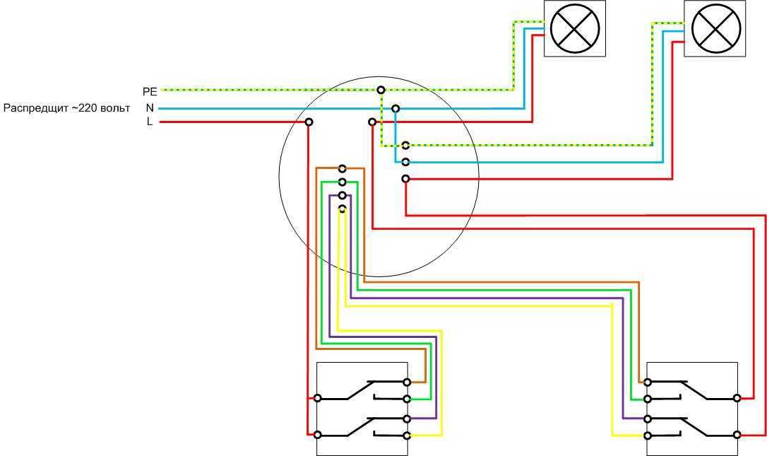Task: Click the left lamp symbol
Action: pos(574,28)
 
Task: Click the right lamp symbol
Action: pos(715,28)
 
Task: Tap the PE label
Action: pos(150,91)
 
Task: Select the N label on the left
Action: pos(150,108)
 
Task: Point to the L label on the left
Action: pos(150,122)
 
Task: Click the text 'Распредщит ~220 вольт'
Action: pos(67,108)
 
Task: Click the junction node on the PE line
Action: pos(381,90)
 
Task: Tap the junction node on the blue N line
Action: pos(396,109)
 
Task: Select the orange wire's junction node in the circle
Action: pos(342,169)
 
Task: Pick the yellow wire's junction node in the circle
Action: pos(342,209)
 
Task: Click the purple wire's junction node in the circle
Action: pos(342,195)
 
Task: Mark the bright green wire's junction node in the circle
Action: pos(342,182)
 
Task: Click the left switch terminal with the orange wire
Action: pos(407,382)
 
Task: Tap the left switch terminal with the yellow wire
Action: pos(407,435)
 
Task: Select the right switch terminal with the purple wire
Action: pos(648,418)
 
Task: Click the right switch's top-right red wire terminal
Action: pos(737,398)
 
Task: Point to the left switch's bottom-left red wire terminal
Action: pos(318,435)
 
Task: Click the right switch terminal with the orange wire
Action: pos(648,382)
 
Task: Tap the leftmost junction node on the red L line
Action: pos(309,122)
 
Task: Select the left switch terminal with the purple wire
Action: pos(407,418)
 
